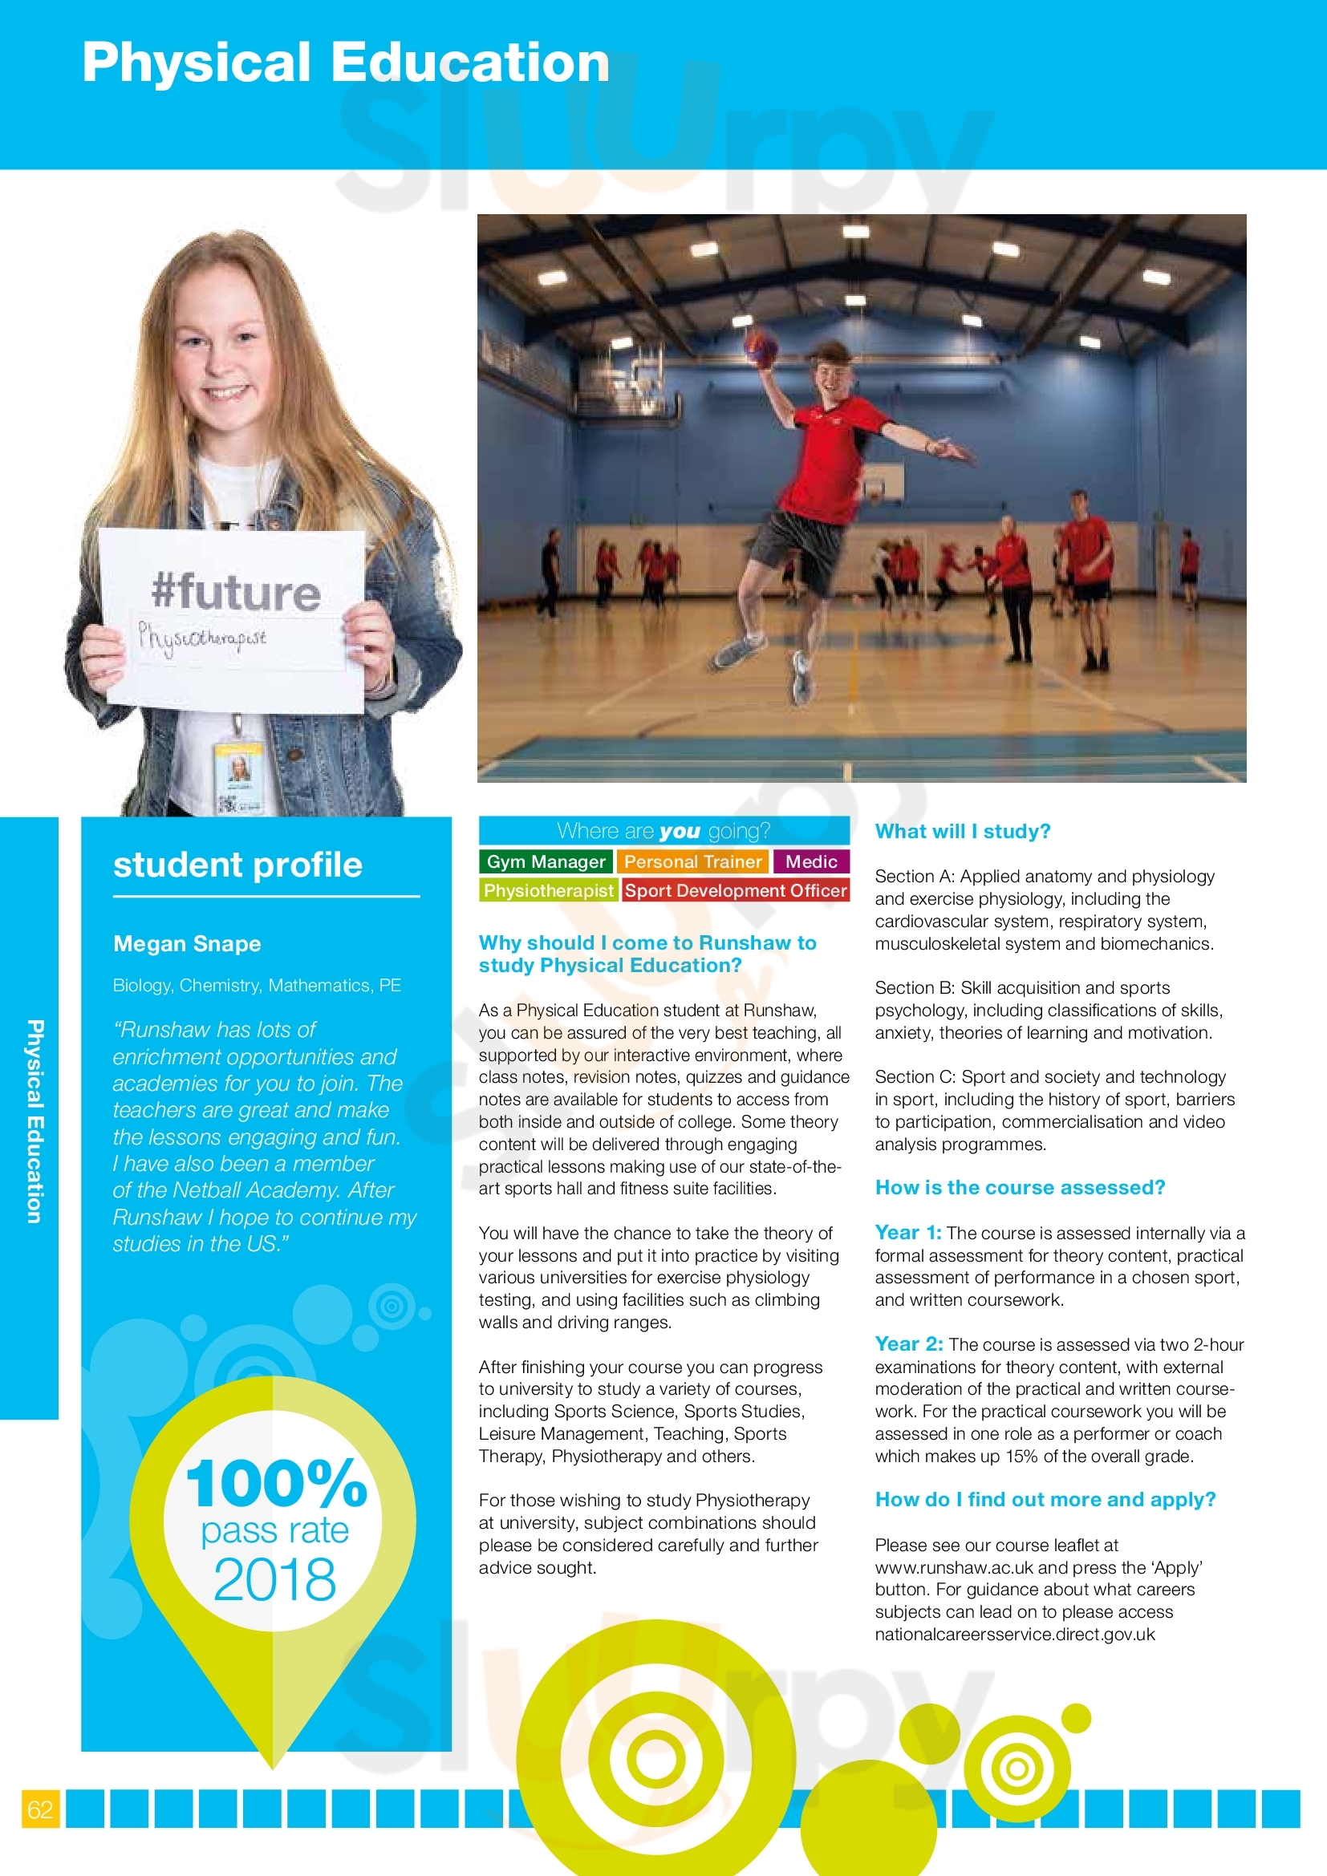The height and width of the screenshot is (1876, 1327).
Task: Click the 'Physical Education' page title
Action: (346, 63)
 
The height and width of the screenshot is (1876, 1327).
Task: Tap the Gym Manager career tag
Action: (545, 861)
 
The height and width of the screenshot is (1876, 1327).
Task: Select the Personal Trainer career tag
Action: (692, 861)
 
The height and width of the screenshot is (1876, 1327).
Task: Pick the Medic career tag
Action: (810, 861)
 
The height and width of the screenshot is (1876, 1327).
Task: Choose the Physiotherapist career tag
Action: (547, 889)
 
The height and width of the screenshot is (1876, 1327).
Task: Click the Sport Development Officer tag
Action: (736, 889)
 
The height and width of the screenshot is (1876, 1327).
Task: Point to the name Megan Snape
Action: (187, 944)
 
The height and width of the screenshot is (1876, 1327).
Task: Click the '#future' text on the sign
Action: (235, 592)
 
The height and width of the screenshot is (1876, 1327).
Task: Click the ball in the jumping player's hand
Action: (761, 346)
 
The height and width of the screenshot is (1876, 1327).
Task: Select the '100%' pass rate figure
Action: (276, 1483)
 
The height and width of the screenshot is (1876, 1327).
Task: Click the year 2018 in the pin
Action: (274, 1579)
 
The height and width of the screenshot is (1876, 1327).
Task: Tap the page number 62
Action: (40, 1809)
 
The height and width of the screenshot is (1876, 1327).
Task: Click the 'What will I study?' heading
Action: (963, 831)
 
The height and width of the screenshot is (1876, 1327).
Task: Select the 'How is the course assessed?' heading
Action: (1020, 1187)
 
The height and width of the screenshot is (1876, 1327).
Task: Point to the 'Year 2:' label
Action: (909, 1344)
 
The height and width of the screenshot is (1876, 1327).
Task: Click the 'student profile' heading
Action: (237, 865)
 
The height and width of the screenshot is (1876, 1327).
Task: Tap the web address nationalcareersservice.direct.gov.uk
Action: (1015, 1634)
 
